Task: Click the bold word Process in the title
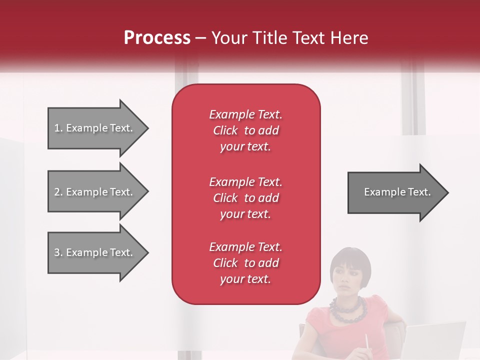tap(157, 38)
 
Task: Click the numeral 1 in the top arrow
tap(57, 128)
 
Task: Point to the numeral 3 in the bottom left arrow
tap(57, 252)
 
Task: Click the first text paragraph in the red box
tap(245, 130)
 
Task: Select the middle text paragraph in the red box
tap(245, 197)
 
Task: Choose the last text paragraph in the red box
tap(245, 263)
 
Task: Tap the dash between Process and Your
tap(200, 38)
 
